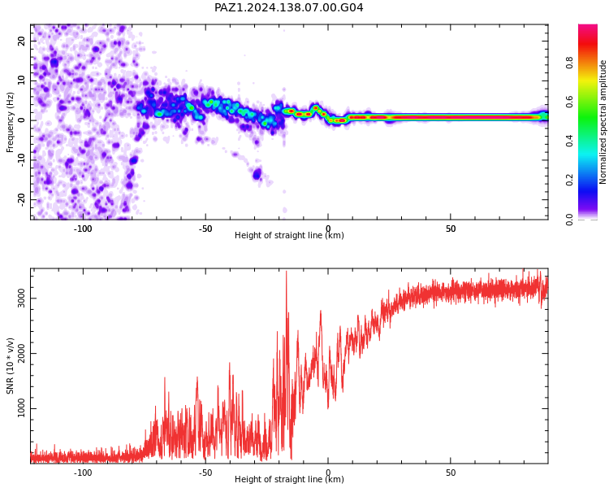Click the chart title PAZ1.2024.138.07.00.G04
click(288, 7)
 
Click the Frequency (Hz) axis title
click(10, 122)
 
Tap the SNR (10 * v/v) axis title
click(10, 366)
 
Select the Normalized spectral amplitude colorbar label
click(603, 122)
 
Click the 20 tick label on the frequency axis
click(21, 41)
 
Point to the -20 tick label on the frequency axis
click(21, 199)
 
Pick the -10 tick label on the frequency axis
click(21, 159)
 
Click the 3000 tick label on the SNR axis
click(21, 298)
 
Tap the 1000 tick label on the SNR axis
click(21, 408)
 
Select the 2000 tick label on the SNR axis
click(21, 353)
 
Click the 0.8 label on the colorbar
click(569, 63)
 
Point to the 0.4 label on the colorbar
click(569, 141)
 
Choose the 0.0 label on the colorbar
click(569, 220)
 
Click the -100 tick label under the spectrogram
click(83, 229)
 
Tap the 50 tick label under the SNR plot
click(451, 473)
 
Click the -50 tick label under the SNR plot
click(205, 473)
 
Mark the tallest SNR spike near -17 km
click(287, 272)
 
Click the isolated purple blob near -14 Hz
click(257, 173)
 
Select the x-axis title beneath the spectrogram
click(289, 235)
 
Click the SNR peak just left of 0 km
click(321, 312)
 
